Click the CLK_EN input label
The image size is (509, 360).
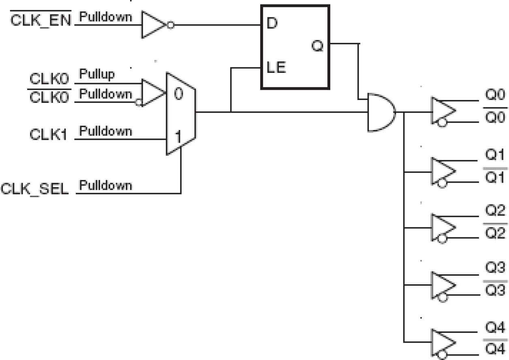tap(41, 21)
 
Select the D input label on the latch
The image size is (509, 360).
tap(272, 23)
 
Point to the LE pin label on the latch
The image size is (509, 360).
tap(276, 68)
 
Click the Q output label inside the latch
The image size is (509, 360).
tap(317, 46)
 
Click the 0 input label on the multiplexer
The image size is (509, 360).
tap(178, 94)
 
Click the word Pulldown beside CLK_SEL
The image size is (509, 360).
tap(105, 186)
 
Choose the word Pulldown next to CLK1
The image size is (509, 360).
tap(105, 131)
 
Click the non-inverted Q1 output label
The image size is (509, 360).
tap(494, 156)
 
